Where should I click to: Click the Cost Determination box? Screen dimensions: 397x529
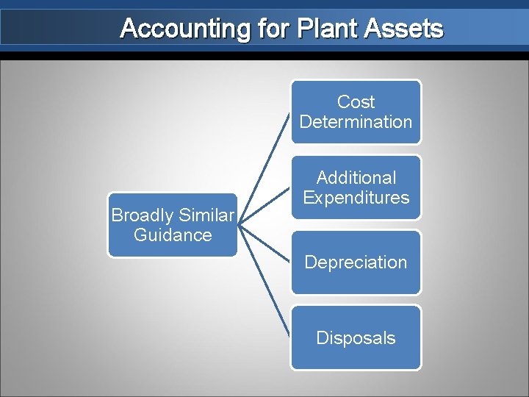click(356, 112)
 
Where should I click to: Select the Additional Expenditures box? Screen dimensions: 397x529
click(356, 187)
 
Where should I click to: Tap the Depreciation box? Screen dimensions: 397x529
click(356, 262)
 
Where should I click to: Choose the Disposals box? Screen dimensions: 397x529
click(356, 337)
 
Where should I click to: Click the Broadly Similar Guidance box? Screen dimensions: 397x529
click(173, 225)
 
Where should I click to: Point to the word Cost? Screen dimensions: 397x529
click(356, 102)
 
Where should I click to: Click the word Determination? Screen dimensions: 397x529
click(356, 122)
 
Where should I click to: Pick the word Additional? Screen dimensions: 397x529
click(356, 178)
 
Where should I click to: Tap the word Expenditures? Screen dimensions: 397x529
click(356, 198)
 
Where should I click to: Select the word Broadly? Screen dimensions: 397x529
click(140, 215)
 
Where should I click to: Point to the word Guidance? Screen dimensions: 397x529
click(173, 235)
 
